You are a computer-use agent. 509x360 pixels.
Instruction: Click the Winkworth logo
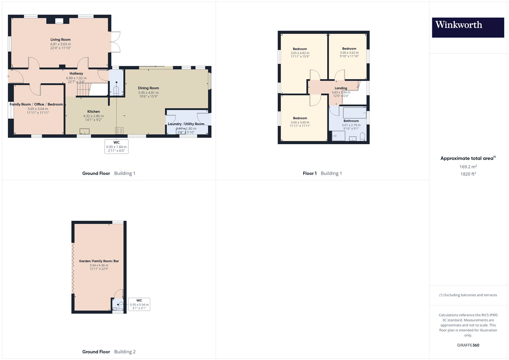(468, 27)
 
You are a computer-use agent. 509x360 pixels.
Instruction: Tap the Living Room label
(60, 40)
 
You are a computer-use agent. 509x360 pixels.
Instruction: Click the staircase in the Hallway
(84, 89)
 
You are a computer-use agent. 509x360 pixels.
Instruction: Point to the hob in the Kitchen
(119, 131)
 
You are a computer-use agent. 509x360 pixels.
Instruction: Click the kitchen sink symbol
(84, 131)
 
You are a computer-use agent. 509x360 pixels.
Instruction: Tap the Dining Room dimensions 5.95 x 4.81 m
(148, 92)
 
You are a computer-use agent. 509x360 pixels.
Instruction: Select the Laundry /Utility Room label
(186, 124)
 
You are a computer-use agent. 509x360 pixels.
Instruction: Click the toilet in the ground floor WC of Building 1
(116, 91)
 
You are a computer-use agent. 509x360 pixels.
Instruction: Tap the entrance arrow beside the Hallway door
(8, 76)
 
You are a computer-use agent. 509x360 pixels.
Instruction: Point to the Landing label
(341, 88)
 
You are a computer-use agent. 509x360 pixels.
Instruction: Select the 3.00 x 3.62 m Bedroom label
(349, 49)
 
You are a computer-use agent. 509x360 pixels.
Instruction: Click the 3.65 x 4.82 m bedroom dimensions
(300, 53)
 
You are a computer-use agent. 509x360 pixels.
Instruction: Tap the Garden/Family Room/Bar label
(99, 261)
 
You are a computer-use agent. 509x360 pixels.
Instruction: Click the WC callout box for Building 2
(139, 304)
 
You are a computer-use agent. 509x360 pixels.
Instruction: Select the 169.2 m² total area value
(468, 167)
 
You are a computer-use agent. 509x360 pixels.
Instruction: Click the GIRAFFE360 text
(468, 345)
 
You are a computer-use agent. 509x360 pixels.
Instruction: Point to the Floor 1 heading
(309, 173)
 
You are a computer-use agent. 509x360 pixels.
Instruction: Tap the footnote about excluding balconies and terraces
(468, 295)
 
